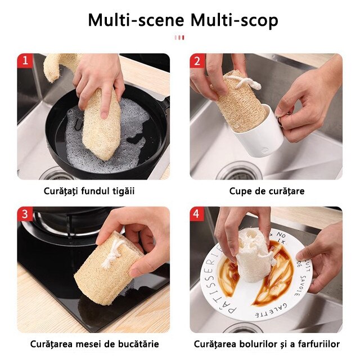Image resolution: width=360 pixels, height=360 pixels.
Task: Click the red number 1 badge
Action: (x=25, y=61)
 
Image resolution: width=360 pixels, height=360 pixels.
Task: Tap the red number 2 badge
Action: (x=197, y=61)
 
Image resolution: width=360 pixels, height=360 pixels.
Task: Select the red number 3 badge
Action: (x=25, y=214)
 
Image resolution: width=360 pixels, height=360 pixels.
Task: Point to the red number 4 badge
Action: (x=197, y=214)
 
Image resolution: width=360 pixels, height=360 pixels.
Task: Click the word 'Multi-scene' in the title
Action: (x=136, y=20)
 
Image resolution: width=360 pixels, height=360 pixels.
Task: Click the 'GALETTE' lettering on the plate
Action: (x=271, y=310)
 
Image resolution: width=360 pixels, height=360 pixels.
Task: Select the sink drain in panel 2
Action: (x=239, y=171)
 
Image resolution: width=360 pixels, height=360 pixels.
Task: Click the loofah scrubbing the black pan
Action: (x=101, y=124)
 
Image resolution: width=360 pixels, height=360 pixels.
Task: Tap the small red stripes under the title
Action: (x=179, y=38)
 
